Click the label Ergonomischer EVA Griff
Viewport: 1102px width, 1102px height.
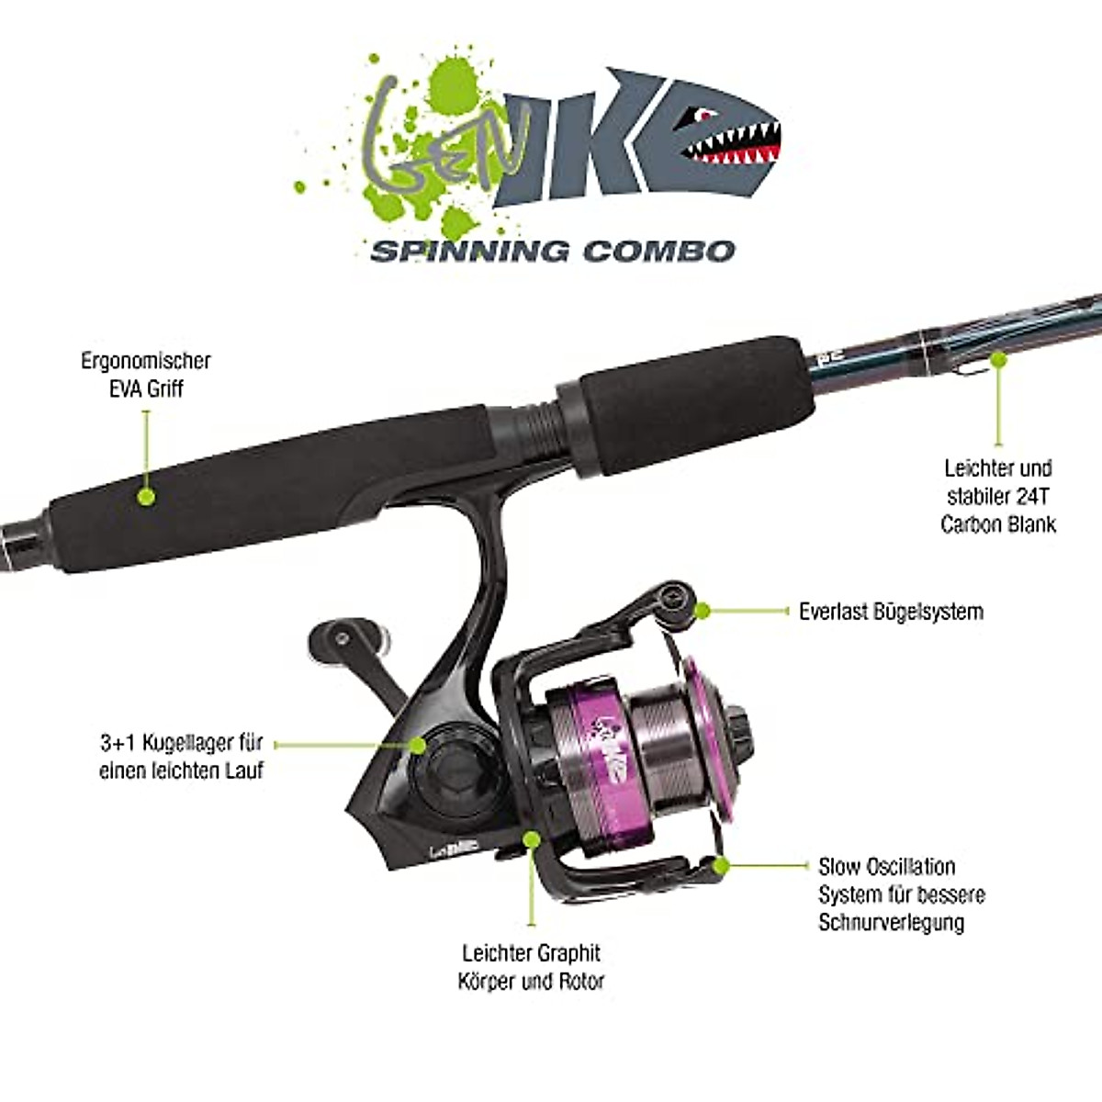coord(145,374)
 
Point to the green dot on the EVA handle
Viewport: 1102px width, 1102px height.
coord(145,497)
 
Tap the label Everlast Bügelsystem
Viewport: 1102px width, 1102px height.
coord(891,612)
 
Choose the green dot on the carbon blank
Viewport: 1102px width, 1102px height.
coord(999,360)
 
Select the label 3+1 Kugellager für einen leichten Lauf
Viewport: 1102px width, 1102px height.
coord(181,756)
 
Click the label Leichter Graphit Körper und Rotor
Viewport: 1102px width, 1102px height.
coord(531,967)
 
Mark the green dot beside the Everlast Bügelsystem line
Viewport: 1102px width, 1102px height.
coord(703,610)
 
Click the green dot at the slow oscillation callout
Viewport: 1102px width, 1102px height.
coord(722,864)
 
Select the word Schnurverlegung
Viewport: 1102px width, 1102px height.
coord(891,922)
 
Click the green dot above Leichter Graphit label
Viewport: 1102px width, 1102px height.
coord(531,838)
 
